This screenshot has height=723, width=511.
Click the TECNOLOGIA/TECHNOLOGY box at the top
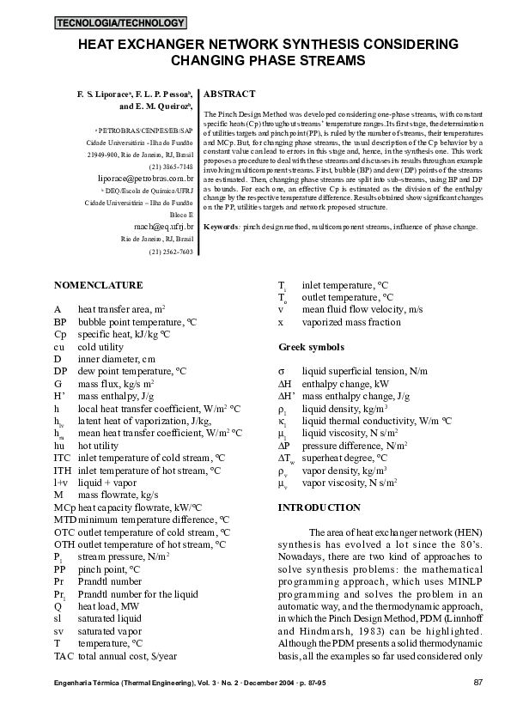click(119, 22)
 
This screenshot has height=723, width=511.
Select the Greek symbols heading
click(312, 347)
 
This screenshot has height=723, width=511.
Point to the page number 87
click(478, 683)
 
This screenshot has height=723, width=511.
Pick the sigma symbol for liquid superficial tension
click(282, 369)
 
